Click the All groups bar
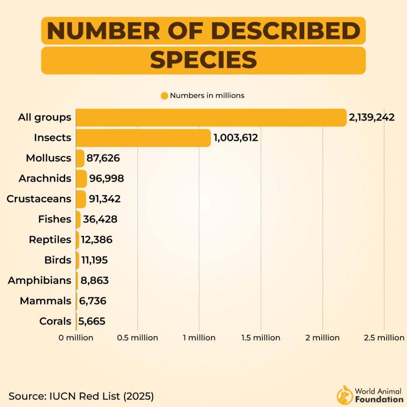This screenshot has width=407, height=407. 211,118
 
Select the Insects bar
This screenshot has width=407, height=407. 143,138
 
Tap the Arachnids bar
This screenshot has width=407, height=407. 81,178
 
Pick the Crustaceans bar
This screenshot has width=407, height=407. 81,199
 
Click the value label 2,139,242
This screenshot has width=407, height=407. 372,118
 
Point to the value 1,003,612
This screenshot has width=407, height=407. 236,138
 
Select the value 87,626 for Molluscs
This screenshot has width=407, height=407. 103,158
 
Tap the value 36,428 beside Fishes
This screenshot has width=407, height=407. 100,219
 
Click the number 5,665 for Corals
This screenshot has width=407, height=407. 92,321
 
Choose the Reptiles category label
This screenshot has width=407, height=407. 50,240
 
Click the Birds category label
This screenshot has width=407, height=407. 58,260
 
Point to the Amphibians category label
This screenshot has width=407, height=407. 40,281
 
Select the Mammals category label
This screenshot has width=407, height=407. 46,301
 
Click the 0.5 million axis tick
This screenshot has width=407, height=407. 138,338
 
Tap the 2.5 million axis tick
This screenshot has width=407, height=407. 384,338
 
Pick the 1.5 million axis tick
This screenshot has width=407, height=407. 261,338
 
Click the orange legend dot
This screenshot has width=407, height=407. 165,96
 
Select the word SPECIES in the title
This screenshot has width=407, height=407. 203,60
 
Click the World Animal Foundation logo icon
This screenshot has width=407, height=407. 344,395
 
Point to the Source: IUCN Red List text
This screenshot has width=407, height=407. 81,396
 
